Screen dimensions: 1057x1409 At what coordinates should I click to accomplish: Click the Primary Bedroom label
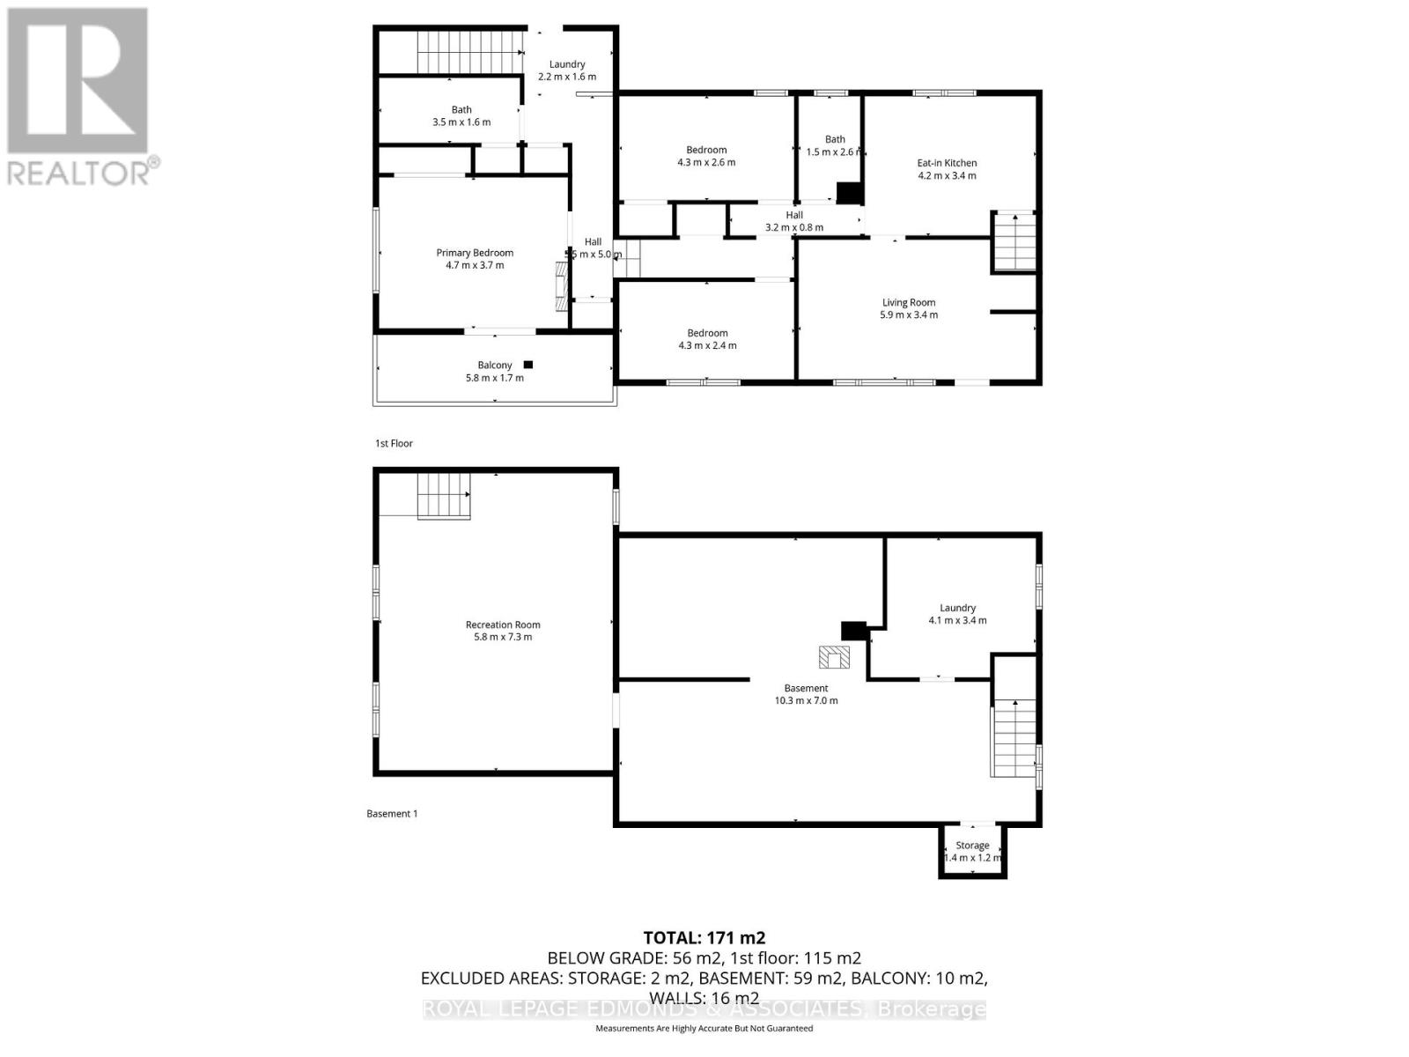tap(475, 253)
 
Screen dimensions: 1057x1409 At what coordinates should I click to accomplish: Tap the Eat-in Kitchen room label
tap(947, 163)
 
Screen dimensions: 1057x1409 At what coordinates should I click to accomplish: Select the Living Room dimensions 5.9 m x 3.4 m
tap(909, 315)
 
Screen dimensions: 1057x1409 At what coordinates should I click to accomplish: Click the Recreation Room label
tap(503, 625)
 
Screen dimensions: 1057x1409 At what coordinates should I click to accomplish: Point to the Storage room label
tap(972, 845)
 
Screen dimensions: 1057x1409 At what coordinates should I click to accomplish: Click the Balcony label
tap(494, 366)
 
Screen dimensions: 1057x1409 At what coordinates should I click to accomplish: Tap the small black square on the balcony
tap(528, 365)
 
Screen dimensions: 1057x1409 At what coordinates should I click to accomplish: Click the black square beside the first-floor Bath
tap(848, 193)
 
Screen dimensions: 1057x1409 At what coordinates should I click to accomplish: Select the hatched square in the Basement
tap(833, 657)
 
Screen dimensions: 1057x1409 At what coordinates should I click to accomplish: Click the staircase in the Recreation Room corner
tap(443, 497)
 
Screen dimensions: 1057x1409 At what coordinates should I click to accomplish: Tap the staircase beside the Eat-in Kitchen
tap(1014, 241)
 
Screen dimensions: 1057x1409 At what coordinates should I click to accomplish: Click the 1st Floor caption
tap(394, 443)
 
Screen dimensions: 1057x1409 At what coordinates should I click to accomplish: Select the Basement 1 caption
tap(392, 813)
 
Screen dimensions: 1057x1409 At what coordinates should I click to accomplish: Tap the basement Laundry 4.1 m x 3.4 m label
tap(957, 614)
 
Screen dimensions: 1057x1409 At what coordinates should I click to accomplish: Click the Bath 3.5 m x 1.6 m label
tap(461, 116)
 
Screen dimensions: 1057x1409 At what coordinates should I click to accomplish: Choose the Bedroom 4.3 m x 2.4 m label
tap(707, 339)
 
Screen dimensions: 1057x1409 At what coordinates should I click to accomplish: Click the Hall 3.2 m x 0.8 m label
tap(794, 221)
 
